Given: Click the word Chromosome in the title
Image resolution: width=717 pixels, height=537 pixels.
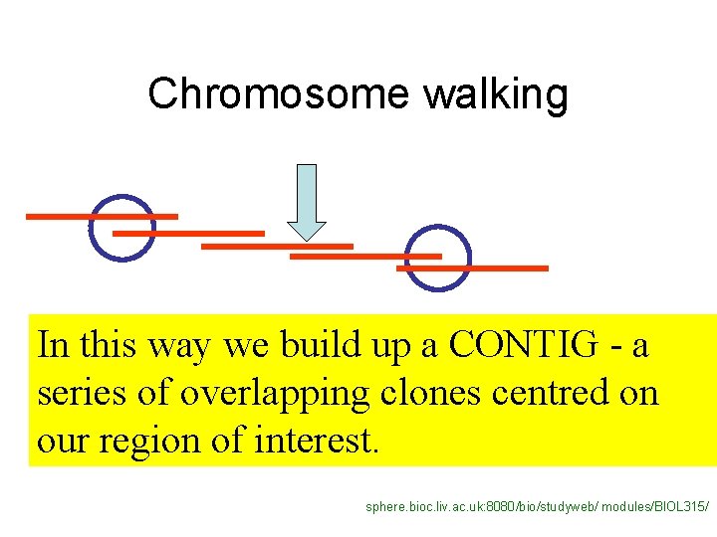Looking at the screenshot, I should click(x=278, y=94).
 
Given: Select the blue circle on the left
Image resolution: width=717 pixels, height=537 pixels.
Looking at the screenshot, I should click(x=122, y=227).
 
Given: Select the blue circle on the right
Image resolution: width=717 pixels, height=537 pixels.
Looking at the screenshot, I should click(x=438, y=259).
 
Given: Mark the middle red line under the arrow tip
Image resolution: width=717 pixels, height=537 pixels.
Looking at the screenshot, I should click(x=277, y=245).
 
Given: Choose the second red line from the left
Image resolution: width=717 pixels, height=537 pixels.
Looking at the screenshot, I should click(x=188, y=234).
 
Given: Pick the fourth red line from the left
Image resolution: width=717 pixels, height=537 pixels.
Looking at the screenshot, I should click(x=364, y=256).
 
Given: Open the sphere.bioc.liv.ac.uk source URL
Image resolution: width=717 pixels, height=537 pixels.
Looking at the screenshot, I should click(x=538, y=507).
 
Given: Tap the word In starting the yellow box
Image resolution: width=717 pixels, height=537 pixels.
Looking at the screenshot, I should click(x=53, y=345).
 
